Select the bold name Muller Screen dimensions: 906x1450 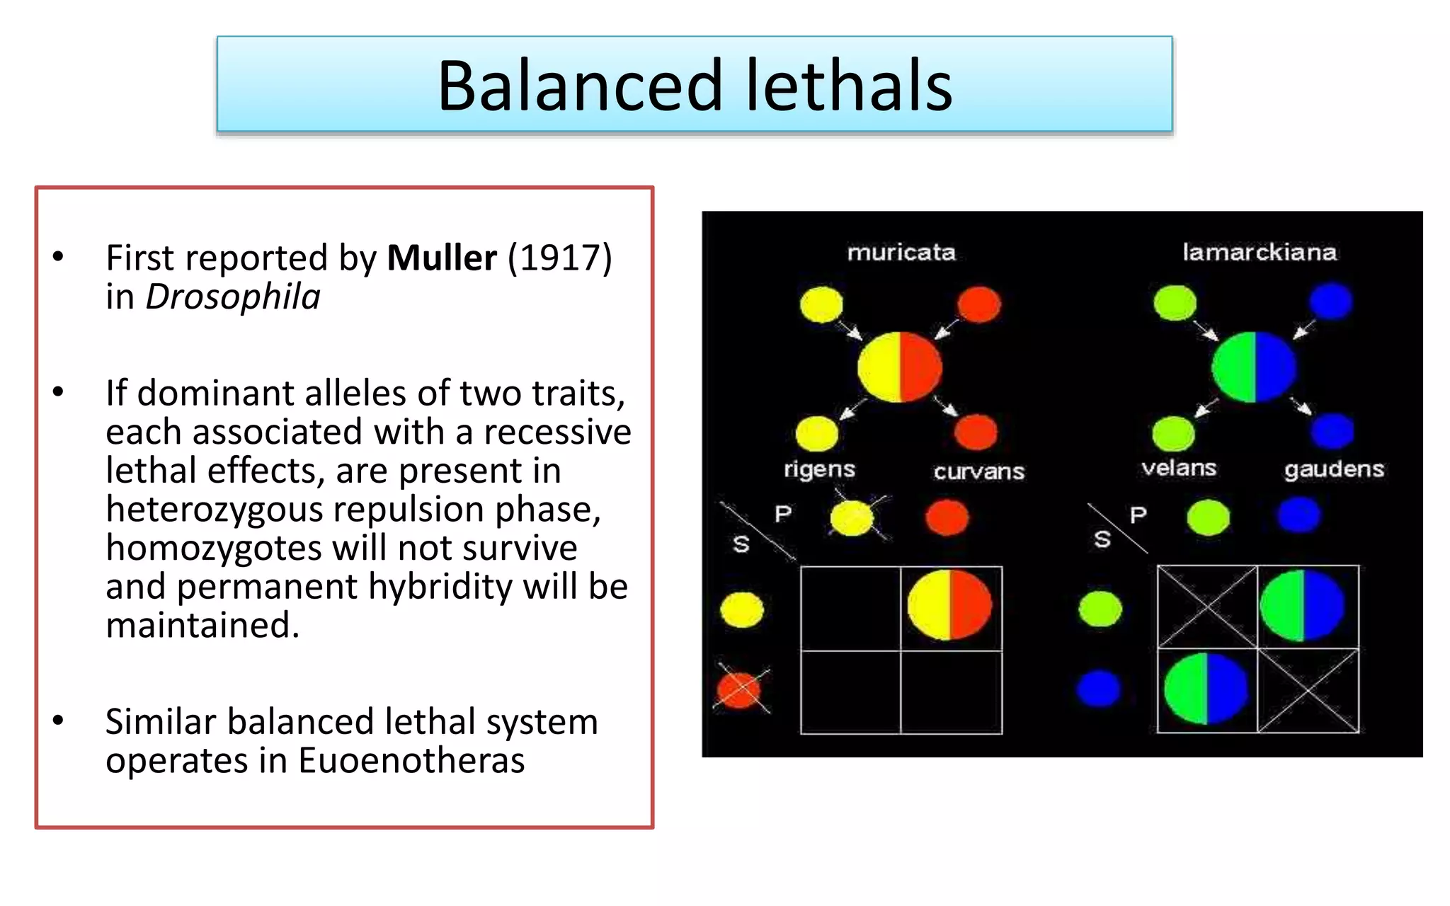441,258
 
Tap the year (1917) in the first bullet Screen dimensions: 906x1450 559,258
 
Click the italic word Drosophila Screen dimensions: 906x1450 232,297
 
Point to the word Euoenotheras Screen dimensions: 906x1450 411,761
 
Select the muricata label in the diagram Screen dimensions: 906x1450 901,253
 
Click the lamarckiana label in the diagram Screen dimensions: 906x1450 1259,253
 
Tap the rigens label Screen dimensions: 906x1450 819,469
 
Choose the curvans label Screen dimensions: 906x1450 978,471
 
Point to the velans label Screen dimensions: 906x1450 1179,468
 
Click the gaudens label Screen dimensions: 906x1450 1334,469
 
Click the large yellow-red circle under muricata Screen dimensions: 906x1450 899,367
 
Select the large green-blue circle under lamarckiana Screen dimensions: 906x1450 1254,367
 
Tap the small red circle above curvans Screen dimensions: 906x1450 976,432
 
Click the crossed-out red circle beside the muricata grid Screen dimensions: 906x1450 739,689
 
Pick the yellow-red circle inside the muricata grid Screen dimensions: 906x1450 949,605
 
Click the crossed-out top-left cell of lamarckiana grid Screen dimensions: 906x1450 1206,607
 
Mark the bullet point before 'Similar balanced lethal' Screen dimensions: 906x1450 58,721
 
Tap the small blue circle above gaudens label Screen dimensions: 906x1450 1331,431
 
